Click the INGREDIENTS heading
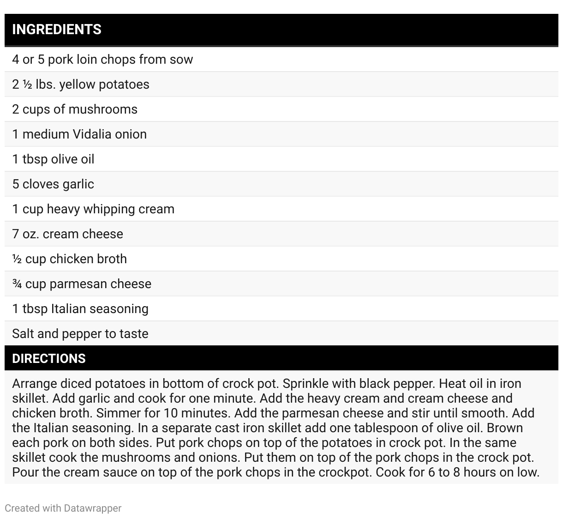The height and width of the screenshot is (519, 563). [x=57, y=30]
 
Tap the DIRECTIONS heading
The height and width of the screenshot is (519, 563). [x=49, y=359]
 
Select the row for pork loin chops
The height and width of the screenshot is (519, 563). [x=102, y=60]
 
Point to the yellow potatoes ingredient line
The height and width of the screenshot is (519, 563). [x=81, y=84]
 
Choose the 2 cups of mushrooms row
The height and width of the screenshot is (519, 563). [x=75, y=109]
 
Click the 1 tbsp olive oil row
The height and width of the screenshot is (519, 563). [x=53, y=159]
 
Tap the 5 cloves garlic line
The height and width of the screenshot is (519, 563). [x=53, y=184]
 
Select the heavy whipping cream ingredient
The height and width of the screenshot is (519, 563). [x=93, y=209]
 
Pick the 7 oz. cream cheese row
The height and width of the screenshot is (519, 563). [x=68, y=234]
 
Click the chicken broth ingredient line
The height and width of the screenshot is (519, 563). [x=70, y=259]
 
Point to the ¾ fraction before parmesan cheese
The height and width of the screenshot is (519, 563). [x=17, y=284]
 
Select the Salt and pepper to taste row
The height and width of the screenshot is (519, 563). [x=80, y=334]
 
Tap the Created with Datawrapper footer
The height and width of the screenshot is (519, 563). [x=63, y=508]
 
